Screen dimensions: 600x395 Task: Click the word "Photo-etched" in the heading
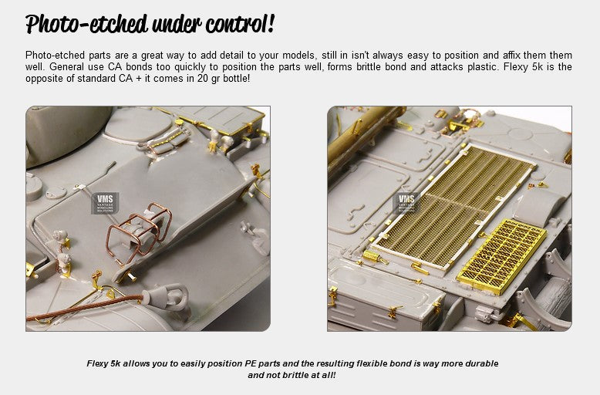87,24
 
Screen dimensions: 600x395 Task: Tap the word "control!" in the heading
241,24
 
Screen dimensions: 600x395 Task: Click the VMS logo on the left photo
105,203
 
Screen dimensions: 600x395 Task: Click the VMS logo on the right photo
406,203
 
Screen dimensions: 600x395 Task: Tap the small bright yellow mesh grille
501,256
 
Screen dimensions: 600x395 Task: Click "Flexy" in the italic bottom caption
98,363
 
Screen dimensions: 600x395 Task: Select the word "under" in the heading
177,25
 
